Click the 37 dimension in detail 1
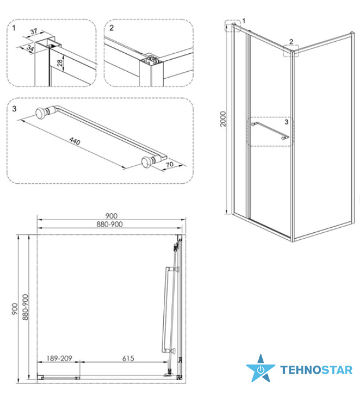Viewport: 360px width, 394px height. point(34,31)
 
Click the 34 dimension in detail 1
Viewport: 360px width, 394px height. point(30,48)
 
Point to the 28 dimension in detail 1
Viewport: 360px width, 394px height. point(60,63)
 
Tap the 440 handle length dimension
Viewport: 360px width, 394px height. point(75,141)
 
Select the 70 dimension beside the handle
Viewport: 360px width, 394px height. point(170,165)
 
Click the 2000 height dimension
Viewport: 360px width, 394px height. point(223,119)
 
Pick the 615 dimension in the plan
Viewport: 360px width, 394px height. point(128,358)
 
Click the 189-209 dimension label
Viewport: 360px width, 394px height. point(59,358)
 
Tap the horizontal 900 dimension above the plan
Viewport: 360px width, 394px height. point(111,216)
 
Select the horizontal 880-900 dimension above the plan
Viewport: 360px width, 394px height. point(110,224)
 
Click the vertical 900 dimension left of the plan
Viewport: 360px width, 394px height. point(15,309)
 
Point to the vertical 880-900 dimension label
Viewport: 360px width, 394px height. point(25,307)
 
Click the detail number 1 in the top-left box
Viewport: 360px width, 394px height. point(14,28)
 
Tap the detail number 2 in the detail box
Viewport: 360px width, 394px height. point(112,28)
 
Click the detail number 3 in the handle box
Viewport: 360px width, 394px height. point(14,108)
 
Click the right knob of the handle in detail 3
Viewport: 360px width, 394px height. point(146,162)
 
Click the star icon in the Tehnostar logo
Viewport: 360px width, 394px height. point(260,368)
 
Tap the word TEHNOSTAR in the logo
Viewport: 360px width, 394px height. point(317,370)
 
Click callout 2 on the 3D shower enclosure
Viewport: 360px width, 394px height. point(291,42)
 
